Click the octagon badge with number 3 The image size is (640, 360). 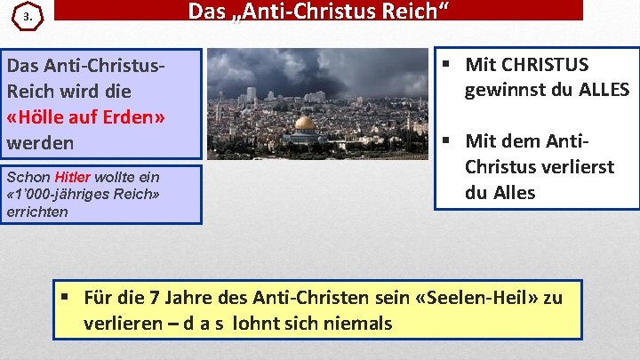[29, 18]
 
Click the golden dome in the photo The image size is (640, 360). [305, 124]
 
